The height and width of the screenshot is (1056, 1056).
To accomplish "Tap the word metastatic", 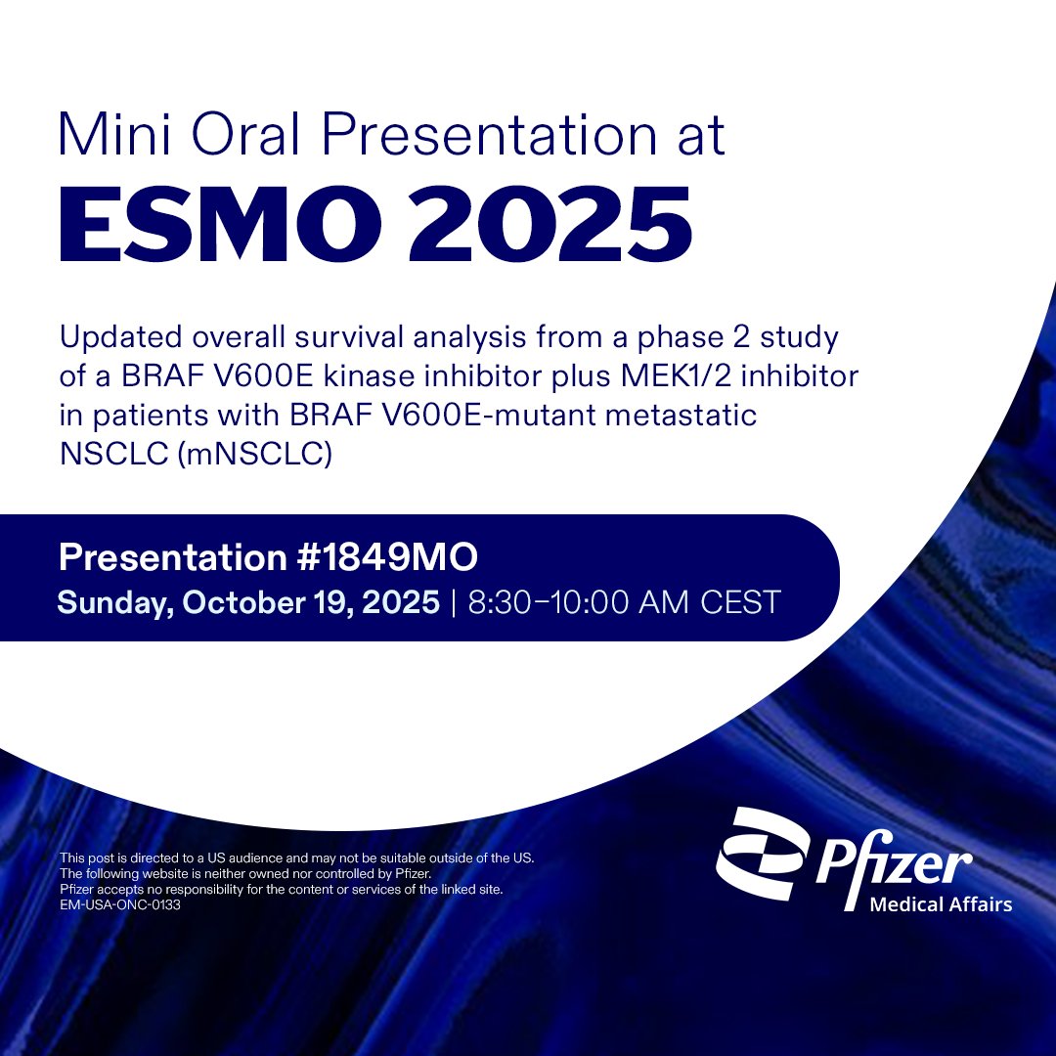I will click(683, 417).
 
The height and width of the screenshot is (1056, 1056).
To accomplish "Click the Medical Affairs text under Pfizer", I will click(941, 904).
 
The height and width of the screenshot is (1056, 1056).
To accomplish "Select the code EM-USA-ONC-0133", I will click(120, 905).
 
